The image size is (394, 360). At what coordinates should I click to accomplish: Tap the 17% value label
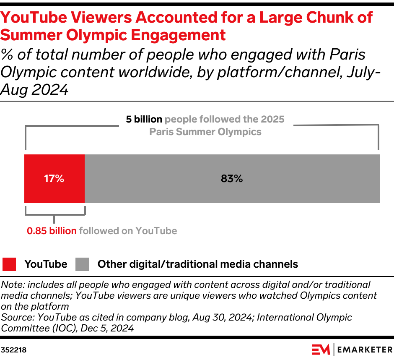[54, 179]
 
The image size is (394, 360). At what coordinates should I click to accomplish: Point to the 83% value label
[232, 179]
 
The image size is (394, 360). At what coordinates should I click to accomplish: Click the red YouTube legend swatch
[9, 264]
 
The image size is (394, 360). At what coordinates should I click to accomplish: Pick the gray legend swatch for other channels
[82, 264]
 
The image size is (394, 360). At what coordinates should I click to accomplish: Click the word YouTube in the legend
[46, 264]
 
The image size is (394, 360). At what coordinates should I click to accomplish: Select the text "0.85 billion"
[52, 231]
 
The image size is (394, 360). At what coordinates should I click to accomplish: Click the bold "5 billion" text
[144, 120]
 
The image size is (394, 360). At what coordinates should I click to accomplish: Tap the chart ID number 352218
[14, 350]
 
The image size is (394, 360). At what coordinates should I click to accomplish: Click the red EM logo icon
[321, 349]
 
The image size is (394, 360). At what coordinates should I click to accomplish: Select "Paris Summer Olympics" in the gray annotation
[205, 132]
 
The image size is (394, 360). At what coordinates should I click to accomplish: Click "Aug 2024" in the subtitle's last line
[34, 89]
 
